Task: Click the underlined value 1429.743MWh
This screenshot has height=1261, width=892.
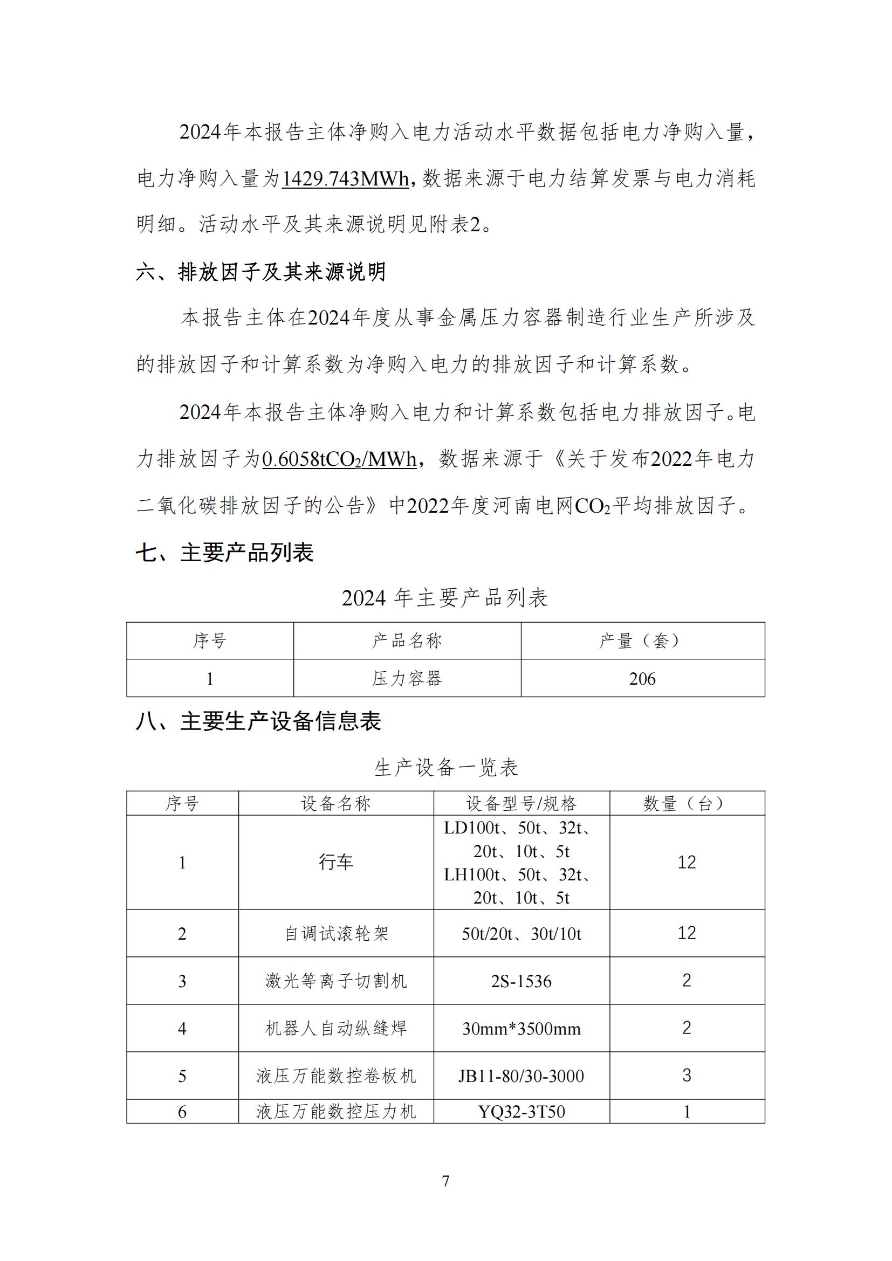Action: tap(346, 179)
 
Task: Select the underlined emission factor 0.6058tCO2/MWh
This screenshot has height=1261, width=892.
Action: tap(339, 459)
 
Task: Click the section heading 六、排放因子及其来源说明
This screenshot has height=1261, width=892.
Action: tap(261, 272)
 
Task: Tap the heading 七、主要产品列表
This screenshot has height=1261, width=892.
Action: tap(225, 553)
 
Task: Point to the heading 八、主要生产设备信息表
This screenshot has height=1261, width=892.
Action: tap(258, 721)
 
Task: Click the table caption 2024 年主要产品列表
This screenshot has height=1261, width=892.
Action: tap(445, 598)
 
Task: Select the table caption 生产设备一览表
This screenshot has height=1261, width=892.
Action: tap(446, 767)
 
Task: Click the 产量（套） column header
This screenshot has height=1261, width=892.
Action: tap(642, 640)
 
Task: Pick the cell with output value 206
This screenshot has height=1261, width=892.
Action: tap(642, 679)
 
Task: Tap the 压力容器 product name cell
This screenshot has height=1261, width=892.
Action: tap(407, 679)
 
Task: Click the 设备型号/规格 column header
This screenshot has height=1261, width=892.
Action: tap(522, 803)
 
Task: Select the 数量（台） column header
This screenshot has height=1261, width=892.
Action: tap(687, 803)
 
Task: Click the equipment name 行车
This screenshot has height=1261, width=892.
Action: tap(335, 862)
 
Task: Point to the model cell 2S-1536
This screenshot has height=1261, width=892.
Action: tap(522, 981)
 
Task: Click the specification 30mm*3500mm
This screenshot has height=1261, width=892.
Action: tap(522, 1029)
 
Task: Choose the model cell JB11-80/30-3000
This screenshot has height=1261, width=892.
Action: tap(522, 1076)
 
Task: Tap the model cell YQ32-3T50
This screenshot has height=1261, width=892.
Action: tap(522, 1112)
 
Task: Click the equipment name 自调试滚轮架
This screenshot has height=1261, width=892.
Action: tap(335, 934)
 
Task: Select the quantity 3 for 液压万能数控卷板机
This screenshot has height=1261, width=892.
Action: tap(687, 1076)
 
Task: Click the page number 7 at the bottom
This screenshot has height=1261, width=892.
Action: tap(445, 1181)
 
